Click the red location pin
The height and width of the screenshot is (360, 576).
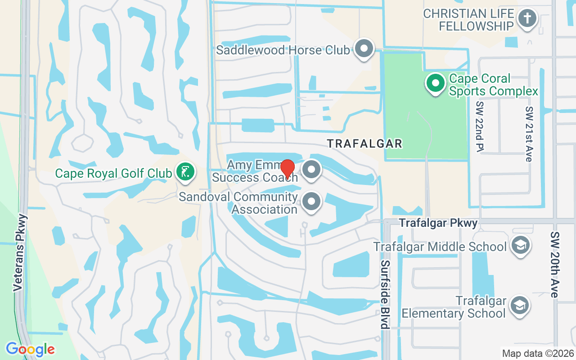288,169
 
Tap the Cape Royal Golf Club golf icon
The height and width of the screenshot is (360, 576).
185,171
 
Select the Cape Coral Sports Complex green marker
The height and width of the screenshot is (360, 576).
435,83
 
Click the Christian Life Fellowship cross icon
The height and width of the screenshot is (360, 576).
526,19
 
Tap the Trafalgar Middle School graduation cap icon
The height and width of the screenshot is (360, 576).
521,245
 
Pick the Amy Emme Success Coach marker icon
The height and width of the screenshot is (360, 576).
311,170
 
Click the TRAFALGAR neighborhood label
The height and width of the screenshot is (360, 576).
364,144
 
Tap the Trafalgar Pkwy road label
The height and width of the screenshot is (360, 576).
438,223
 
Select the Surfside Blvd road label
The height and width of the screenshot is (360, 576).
385,294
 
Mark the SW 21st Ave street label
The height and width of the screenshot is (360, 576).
529,134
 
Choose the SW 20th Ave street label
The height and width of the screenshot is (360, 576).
554,265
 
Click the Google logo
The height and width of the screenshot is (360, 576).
30,349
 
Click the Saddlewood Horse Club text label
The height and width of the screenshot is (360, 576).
283,50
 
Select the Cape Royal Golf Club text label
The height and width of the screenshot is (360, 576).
113,173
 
